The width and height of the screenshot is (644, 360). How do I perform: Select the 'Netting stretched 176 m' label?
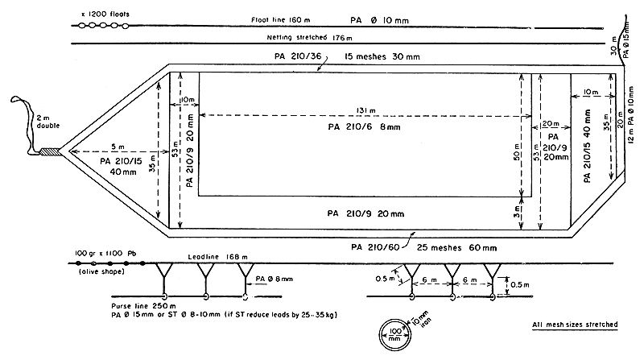click(x=305, y=37)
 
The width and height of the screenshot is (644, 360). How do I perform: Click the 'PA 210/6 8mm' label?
click(x=362, y=127)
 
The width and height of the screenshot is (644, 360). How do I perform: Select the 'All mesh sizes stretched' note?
click(x=575, y=325)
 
